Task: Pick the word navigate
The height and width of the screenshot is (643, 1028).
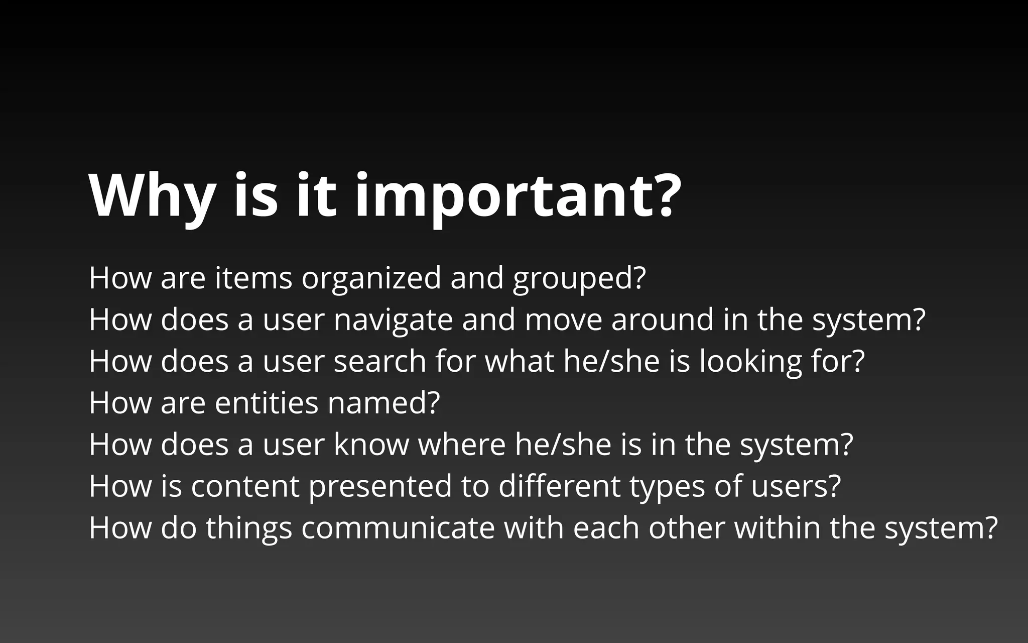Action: [x=393, y=319]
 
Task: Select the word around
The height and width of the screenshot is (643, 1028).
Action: [x=662, y=319]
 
